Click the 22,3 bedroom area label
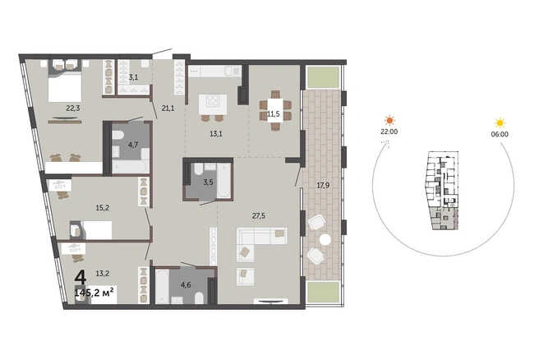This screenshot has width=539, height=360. [x=73, y=108]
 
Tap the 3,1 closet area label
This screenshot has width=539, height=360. [x=133, y=77]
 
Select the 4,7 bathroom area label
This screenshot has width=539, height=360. [x=133, y=145]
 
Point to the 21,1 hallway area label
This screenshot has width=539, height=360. [x=168, y=108]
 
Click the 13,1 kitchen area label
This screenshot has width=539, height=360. [x=216, y=134]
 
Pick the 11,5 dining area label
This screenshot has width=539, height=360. [x=274, y=113]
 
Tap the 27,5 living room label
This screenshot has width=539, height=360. [x=259, y=216]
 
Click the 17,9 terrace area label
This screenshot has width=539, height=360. [x=323, y=186]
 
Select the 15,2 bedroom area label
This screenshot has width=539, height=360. [x=103, y=208]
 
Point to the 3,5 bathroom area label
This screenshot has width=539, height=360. [x=208, y=182]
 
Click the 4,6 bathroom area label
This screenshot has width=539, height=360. [x=186, y=285]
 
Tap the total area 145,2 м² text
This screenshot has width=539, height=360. [x=94, y=293]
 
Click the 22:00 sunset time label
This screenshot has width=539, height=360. [x=389, y=132]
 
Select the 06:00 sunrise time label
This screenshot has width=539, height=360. [x=500, y=135]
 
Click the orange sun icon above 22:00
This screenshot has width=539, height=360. [x=389, y=120]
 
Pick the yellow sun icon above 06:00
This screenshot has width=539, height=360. [x=500, y=122]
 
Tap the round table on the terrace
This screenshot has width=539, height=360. [x=325, y=240]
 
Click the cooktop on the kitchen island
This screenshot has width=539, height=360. [x=213, y=100]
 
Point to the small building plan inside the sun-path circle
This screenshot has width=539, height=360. [x=442, y=191]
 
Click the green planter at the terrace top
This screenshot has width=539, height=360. [x=323, y=77]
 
